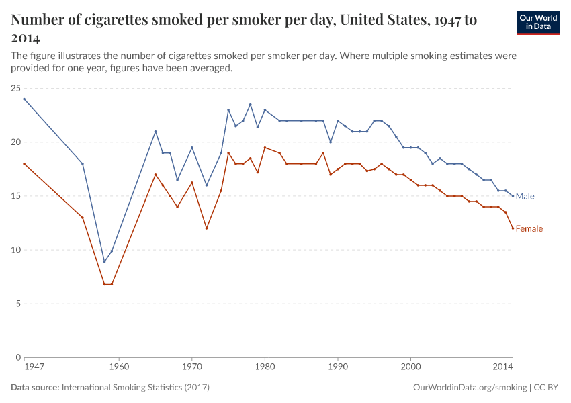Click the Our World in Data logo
point(538,22)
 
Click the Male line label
point(525,196)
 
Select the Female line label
point(529,228)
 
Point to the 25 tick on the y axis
point(15,88)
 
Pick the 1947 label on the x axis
point(34,368)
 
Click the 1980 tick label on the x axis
point(265,368)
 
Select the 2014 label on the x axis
point(503,368)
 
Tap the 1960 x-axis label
point(119,368)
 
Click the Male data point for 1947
point(24,99)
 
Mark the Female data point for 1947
point(24,164)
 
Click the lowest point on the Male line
point(104,261)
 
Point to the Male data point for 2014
point(513,196)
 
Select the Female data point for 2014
point(513,228)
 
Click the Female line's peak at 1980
point(265,148)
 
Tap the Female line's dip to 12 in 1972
point(206,228)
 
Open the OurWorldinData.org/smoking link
point(470,388)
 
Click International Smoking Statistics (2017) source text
point(136,388)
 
